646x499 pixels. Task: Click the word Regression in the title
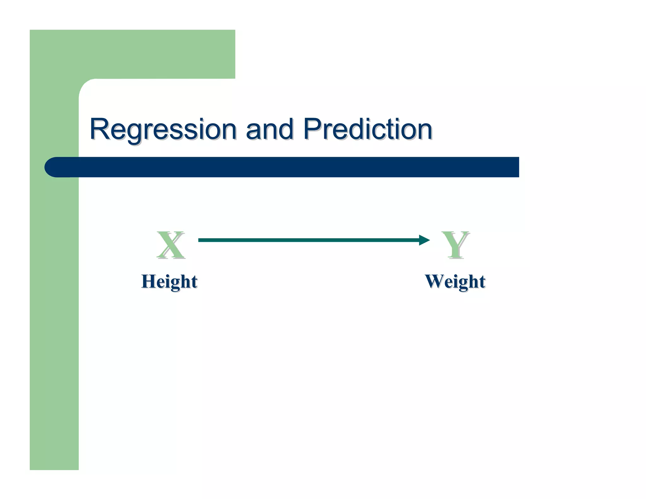[163, 129]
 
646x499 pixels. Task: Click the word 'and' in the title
[269, 129]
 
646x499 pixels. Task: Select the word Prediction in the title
[367, 129]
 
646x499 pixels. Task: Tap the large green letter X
[171, 245]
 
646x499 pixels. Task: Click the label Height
[169, 281]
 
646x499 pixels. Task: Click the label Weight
[455, 281]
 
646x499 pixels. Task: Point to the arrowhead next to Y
[424, 240]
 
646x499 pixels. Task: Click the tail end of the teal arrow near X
[200, 240]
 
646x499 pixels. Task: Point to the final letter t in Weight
[482, 282]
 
